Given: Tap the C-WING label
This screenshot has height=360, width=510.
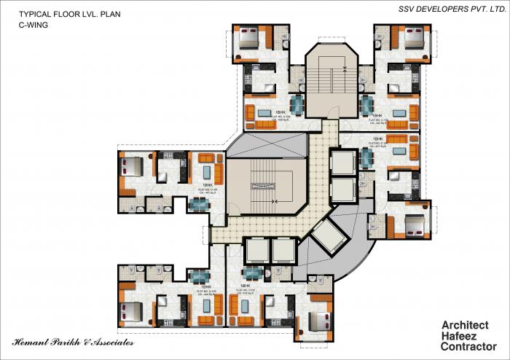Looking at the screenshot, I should pyautogui.click(x=34, y=25).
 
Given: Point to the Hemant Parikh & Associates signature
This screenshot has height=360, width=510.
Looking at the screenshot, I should pyautogui.click(x=73, y=342).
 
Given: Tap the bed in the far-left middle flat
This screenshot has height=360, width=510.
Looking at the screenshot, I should pyautogui.click(x=133, y=168).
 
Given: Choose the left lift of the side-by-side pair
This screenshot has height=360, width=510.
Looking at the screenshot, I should pyautogui.click(x=257, y=251).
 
